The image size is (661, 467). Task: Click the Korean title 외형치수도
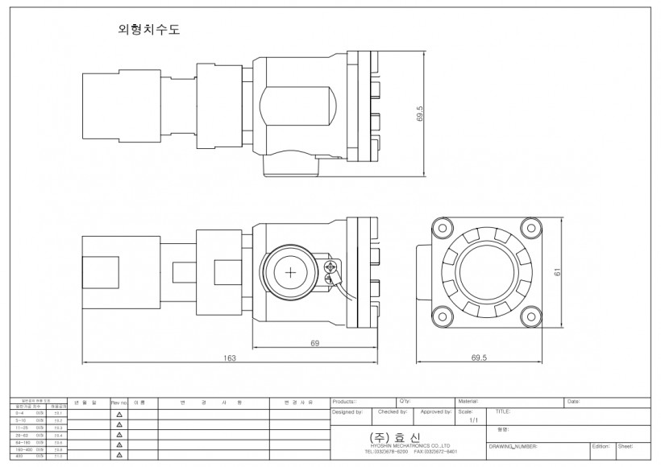point(149,31)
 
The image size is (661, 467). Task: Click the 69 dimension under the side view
point(314,343)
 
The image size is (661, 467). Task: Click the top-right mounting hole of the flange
point(528,230)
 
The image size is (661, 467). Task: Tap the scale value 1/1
point(473,419)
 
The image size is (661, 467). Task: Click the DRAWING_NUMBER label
point(513,445)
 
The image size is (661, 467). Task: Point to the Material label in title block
point(468,401)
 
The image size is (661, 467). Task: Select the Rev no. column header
point(119,401)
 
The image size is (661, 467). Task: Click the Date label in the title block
point(573,401)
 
